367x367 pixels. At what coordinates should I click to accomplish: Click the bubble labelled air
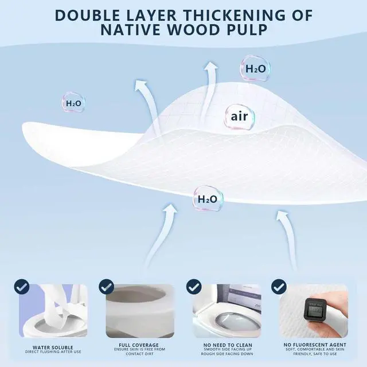tap(239, 117)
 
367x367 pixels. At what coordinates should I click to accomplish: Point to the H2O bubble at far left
tap(73, 103)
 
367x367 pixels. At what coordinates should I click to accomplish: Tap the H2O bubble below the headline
tap(255, 69)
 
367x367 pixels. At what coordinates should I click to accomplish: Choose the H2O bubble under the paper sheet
tap(208, 199)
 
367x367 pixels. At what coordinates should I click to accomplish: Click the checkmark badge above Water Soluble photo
tap(22, 286)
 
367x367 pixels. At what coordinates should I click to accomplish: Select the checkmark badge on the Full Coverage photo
tap(107, 286)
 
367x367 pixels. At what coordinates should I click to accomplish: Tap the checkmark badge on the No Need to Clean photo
tap(194, 286)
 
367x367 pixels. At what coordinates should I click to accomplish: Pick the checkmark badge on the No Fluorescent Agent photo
tap(279, 286)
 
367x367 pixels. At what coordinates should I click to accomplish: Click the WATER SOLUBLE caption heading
tap(53, 348)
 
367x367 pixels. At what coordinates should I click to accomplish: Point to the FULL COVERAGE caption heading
tap(139, 345)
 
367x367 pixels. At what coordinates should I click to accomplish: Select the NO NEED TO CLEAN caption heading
tap(228, 345)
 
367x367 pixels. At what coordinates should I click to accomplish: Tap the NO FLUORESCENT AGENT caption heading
tap(315, 345)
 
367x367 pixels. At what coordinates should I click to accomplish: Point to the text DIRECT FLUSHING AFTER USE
tap(53, 352)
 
